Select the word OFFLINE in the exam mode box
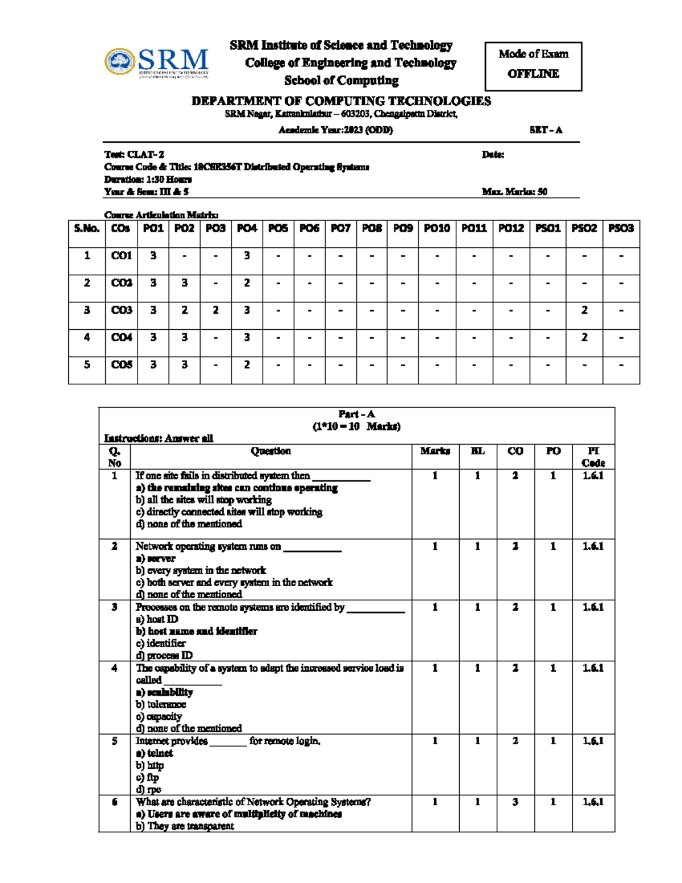click(533, 74)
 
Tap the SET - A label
click(546, 130)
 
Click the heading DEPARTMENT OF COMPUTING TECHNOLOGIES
click(341, 101)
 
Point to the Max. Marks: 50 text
click(514, 192)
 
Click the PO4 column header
click(247, 229)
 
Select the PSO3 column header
click(621, 229)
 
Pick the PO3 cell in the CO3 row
click(215, 310)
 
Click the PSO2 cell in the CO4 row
click(584, 338)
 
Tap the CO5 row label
click(121, 365)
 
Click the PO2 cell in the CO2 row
click(184, 283)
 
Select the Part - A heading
click(356, 414)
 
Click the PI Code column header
click(593, 457)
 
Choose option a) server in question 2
click(155, 558)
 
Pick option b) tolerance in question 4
click(161, 704)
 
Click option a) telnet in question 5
click(154, 753)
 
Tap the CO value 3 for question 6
click(515, 802)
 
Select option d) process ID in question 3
click(164, 656)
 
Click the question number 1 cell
click(114, 476)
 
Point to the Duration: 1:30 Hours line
click(148, 179)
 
